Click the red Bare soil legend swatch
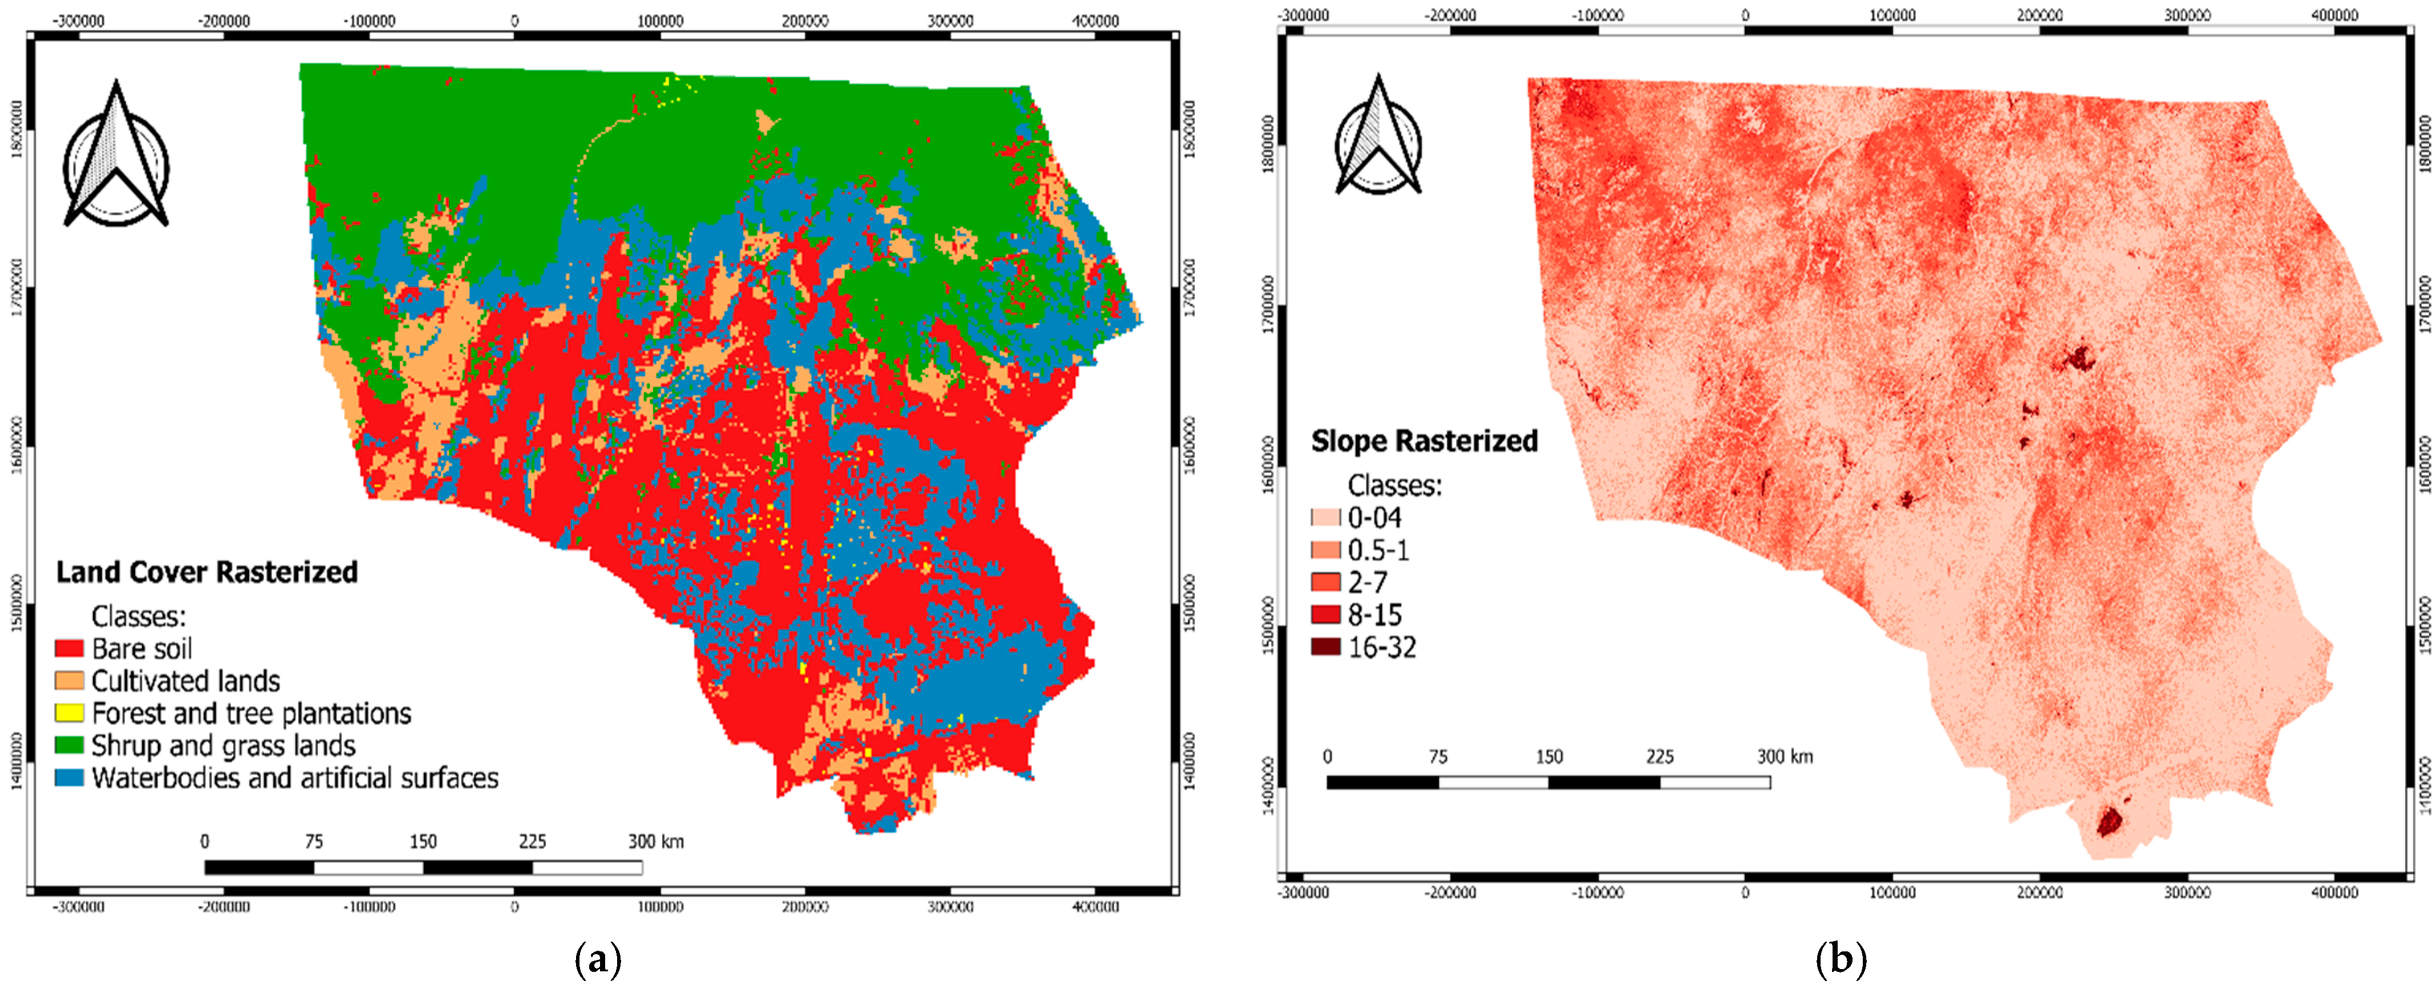point(69,649)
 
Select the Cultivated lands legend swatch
point(69,681)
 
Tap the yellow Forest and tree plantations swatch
point(69,713)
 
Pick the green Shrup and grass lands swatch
point(69,745)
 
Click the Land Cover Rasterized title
point(206,572)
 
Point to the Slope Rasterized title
point(1424,442)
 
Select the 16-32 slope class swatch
point(1325,648)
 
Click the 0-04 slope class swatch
point(1325,517)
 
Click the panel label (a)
point(598,960)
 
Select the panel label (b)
point(1840,960)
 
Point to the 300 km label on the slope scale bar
point(1785,756)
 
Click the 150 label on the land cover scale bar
point(423,841)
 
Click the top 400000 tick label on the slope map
point(2334,15)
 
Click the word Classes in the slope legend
point(1394,486)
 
